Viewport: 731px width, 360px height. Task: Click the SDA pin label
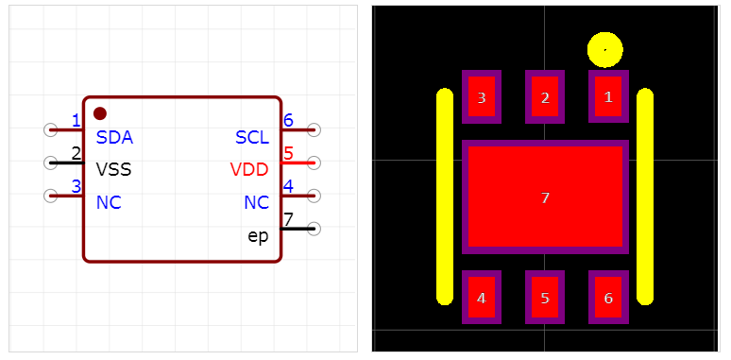point(114,138)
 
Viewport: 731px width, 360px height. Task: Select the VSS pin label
point(113,170)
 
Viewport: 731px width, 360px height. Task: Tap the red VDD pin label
point(249,170)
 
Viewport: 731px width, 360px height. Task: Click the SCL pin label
point(252,138)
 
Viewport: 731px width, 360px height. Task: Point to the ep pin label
point(258,235)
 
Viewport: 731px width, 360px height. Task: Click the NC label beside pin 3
point(109,203)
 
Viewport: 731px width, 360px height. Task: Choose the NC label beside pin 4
point(256,203)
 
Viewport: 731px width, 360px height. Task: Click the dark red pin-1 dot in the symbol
point(100,113)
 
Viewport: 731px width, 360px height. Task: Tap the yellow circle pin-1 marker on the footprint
point(604,49)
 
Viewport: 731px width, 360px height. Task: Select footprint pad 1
point(607,96)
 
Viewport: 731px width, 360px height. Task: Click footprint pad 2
point(544,96)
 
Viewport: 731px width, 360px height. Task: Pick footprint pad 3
point(482,96)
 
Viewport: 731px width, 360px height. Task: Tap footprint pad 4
point(482,298)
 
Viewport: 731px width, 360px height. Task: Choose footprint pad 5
point(544,298)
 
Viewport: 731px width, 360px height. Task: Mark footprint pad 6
point(607,298)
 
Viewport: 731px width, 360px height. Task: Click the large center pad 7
point(545,197)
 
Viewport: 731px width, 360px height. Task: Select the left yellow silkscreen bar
point(445,197)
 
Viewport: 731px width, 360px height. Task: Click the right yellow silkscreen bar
point(645,197)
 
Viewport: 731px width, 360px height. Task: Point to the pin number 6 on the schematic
point(288,120)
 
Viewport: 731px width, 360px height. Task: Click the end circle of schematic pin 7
point(314,229)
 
